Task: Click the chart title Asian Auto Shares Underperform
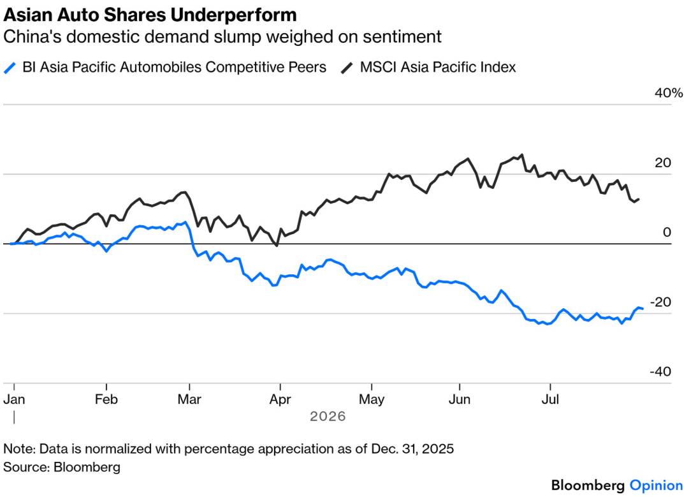pos(150,15)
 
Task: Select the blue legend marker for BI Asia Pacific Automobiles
pos(10,68)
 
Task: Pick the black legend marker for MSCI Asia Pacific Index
pos(347,68)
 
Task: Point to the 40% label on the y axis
pos(669,93)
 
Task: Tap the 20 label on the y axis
pos(663,163)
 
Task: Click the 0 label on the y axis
pos(667,232)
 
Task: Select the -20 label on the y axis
pos(660,302)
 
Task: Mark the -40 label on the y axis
pos(660,371)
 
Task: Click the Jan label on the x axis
pos(14,399)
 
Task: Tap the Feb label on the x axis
pos(106,399)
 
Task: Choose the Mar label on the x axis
pos(189,399)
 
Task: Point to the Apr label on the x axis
pos(280,399)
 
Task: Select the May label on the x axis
pos(372,399)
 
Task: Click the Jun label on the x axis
pos(460,399)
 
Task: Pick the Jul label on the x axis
pos(550,399)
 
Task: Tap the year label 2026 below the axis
pos(328,417)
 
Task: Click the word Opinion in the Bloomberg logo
pos(656,486)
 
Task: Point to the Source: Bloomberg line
pos(62,467)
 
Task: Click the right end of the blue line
pos(643,309)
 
